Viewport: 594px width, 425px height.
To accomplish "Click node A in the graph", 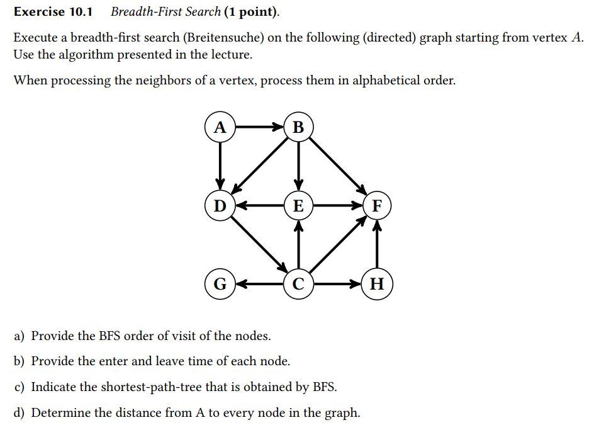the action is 220,127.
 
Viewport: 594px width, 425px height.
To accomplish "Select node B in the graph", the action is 298,127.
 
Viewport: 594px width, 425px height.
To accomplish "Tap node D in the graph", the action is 220,205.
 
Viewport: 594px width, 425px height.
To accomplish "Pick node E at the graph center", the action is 298,205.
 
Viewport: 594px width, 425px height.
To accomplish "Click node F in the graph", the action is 377,205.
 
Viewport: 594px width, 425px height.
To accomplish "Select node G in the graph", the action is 220,284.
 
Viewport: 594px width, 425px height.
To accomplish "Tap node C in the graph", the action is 298,284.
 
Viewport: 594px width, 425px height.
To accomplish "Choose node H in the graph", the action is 377,284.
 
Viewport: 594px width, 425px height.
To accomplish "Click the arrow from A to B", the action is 259,127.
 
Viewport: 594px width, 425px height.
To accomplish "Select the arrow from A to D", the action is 220,166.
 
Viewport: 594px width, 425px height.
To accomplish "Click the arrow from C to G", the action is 259,284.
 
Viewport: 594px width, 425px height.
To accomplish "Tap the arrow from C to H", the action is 337,284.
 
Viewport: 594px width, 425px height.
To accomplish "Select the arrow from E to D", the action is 259,205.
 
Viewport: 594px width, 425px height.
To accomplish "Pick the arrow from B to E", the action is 298,166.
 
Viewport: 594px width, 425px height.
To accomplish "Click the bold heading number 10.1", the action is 81,12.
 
